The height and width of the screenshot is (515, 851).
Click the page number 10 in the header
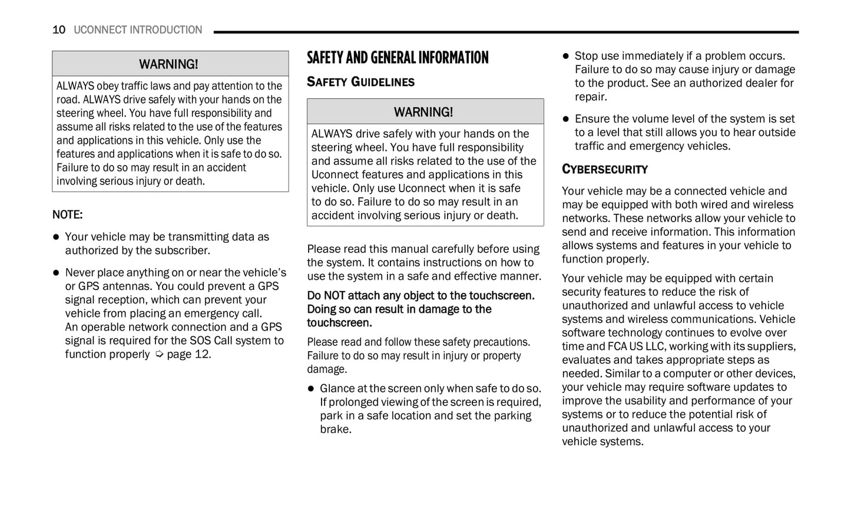pos(59,30)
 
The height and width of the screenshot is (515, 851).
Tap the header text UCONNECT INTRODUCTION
pos(138,30)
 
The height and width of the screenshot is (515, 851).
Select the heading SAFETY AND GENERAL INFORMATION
pos(398,58)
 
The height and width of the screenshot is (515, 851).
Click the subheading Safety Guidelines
pos(360,82)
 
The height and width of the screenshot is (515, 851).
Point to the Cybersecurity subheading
pos(604,170)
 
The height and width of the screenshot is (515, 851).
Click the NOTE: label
pos(67,214)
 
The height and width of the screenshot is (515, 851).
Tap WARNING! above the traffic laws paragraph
pos(168,64)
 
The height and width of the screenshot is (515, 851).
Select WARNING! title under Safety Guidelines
pos(423,112)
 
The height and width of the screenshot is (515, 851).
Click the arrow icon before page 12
pos(159,354)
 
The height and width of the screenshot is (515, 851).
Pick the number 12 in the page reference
pos(201,354)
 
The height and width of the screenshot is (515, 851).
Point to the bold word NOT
pos(335,296)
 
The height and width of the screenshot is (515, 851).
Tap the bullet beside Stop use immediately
pos(566,56)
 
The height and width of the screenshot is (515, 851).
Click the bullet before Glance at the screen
pos(311,389)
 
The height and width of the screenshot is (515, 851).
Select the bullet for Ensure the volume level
pos(566,119)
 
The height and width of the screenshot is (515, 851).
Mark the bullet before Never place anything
pos(56,273)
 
